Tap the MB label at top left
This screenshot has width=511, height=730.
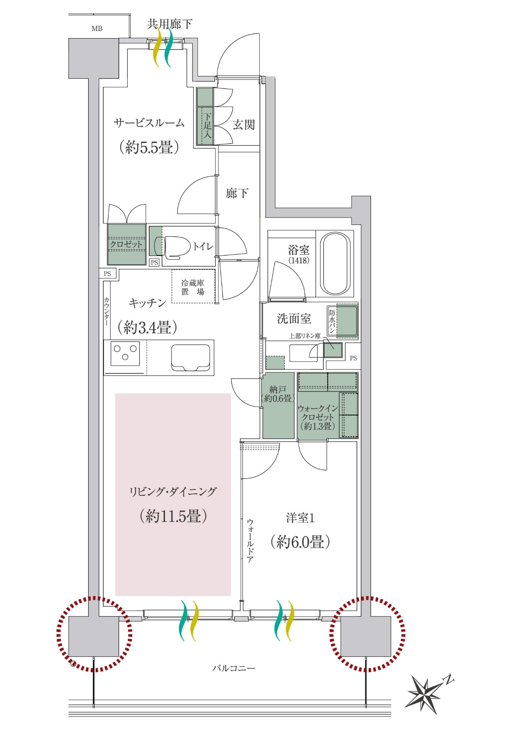(97, 28)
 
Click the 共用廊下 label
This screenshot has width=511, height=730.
(169, 24)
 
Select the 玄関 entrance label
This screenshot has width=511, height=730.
(243, 125)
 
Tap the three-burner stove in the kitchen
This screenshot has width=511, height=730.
(125, 353)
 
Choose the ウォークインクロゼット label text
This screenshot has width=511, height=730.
(317, 417)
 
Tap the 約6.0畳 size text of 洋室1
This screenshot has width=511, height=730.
(300, 542)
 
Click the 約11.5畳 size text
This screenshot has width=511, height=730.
(173, 516)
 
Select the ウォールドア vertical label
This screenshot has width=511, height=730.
(250, 540)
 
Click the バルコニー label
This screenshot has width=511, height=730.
(234, 668)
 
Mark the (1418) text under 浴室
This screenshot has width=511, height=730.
(299, 260)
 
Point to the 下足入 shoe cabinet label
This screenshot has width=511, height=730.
(207, 125)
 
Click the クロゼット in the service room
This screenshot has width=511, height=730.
(126, 244)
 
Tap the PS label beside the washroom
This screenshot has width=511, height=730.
(353, 358)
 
